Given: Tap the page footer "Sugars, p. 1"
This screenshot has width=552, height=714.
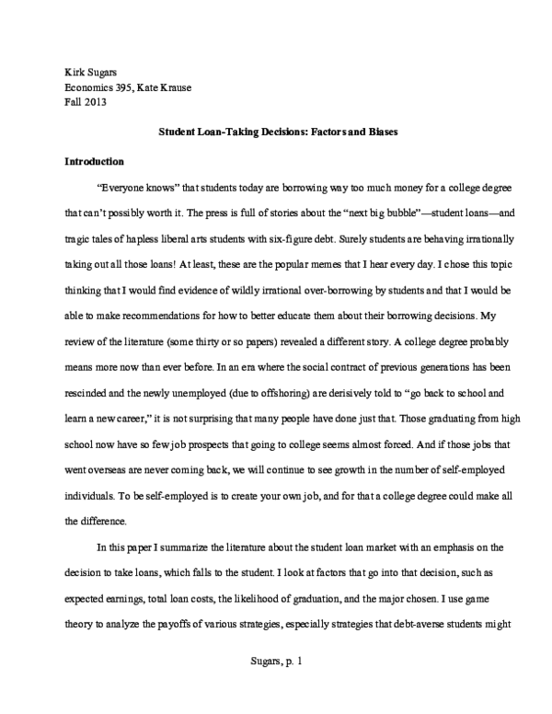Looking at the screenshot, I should (x=275, y=685).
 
